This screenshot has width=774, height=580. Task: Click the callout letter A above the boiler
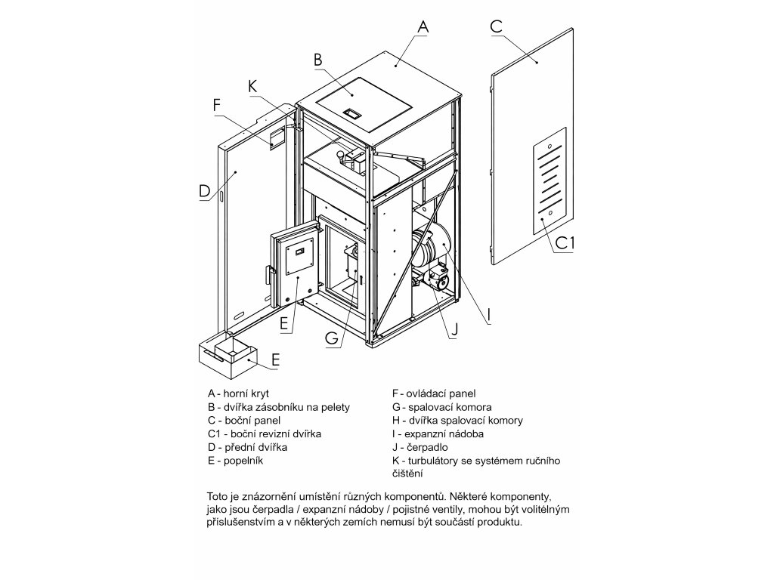click(423, 25)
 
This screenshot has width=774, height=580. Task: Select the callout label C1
click(566, 243)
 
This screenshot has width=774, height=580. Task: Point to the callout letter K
click(252, 86)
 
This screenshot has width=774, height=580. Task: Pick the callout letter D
click(205, 191)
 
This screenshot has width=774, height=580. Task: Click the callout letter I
click(489, 313)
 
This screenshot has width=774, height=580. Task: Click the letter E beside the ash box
click(275, 360)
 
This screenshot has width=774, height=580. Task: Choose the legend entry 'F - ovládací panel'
click(434, 393)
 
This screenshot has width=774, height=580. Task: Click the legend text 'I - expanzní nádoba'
click(438, 434)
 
